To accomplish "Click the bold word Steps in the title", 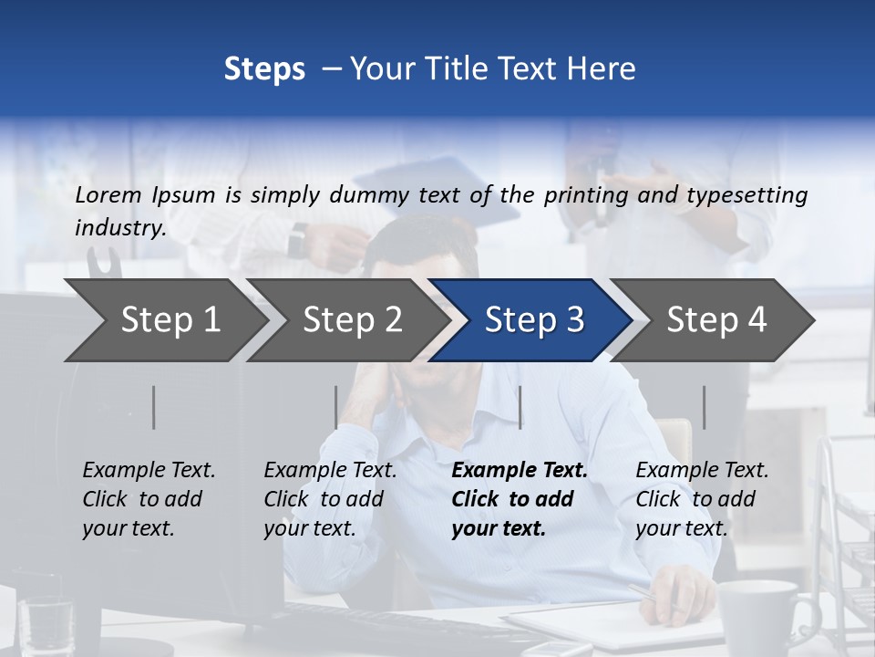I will (264, 69).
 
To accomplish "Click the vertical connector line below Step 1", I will (154, 407).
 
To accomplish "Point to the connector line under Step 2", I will (336, 407).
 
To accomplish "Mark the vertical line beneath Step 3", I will (520, 407).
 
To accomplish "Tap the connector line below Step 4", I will (705, 407).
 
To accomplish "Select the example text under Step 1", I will (148, 499).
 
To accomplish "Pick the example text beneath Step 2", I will (329, 499).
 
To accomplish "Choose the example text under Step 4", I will (701, 499).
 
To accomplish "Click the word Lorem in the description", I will (108, 194).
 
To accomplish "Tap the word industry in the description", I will (119, 227).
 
